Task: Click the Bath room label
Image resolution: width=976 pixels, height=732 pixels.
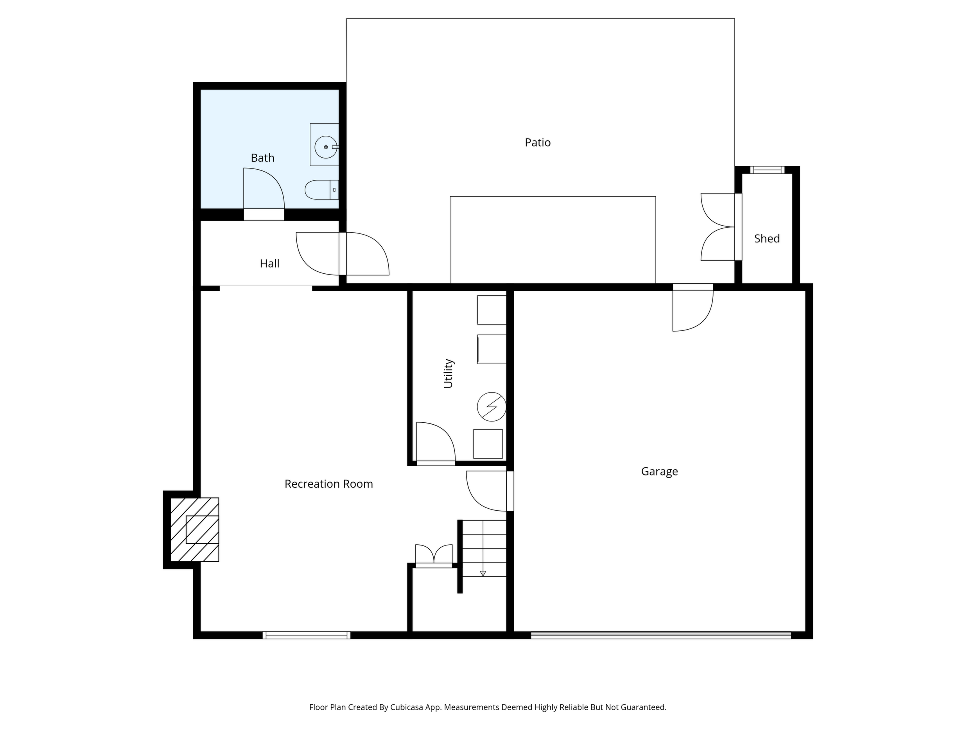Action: [262, 158]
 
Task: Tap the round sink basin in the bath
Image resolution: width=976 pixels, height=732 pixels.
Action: [326, 147]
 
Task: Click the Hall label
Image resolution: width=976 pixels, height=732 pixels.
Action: [269, 264]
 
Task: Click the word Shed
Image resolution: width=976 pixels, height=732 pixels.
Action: [767, 239]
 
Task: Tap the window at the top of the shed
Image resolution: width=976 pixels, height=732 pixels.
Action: [767, 170]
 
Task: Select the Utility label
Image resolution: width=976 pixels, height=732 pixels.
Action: [448, 373]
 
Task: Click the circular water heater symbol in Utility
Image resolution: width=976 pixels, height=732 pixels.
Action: [492, 406]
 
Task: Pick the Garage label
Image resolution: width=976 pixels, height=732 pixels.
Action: [659, 472]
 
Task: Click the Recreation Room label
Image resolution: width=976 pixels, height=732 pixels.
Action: [329, 484]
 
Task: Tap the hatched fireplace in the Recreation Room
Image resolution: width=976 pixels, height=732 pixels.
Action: [195, 529]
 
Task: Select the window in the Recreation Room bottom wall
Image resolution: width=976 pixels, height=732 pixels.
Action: [307, 635]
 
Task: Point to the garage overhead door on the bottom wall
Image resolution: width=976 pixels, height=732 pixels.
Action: [661, 635]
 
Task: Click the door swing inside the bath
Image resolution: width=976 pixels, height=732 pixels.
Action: [264, 188]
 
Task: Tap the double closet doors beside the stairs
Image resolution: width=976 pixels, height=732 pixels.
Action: [434, 555]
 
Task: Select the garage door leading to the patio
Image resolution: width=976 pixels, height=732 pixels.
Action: [693, 307]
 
